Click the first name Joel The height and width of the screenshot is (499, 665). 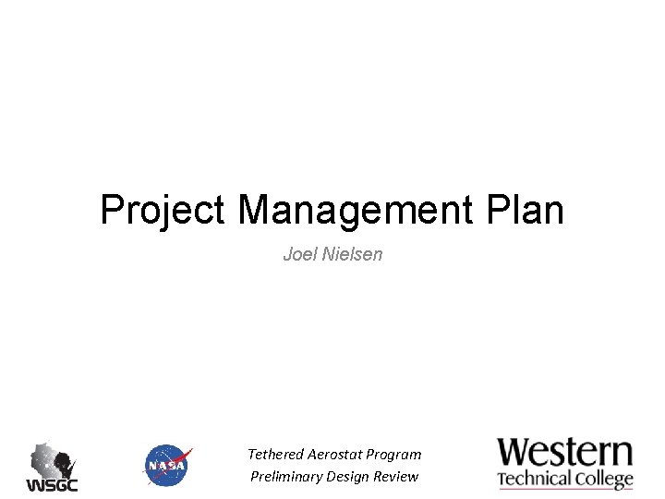click(297, 253)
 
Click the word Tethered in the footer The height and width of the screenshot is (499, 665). click(274, 455)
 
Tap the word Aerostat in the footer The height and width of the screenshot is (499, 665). click(333, 455)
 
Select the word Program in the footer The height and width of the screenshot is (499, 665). click(393, 455)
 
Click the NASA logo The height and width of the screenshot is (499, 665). click(167, 466)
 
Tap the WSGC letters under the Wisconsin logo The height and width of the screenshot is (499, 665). click(52, 485)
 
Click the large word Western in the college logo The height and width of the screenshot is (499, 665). click(565, 453)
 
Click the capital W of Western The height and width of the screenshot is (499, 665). click(515, 453)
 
